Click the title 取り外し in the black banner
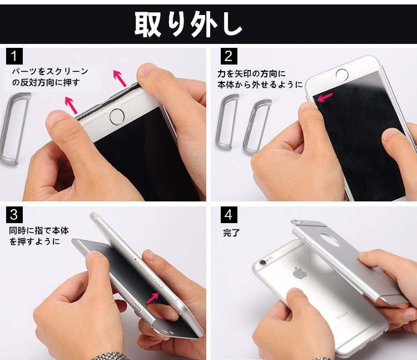(188, 24)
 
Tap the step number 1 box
(14, 56)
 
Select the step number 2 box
(229, 56)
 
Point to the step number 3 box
(14, 215)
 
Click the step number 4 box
(229, 215)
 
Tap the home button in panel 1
(117, 116)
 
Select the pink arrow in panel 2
(325, 97)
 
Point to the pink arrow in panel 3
(152, 298)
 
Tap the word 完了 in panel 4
(231, 233)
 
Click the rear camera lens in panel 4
(263, 263)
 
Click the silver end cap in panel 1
(13, 129)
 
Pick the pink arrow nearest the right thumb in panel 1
(120, 78)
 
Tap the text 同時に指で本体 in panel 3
(39, 230)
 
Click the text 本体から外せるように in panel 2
(260, 85)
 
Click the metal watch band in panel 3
(108, 356)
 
